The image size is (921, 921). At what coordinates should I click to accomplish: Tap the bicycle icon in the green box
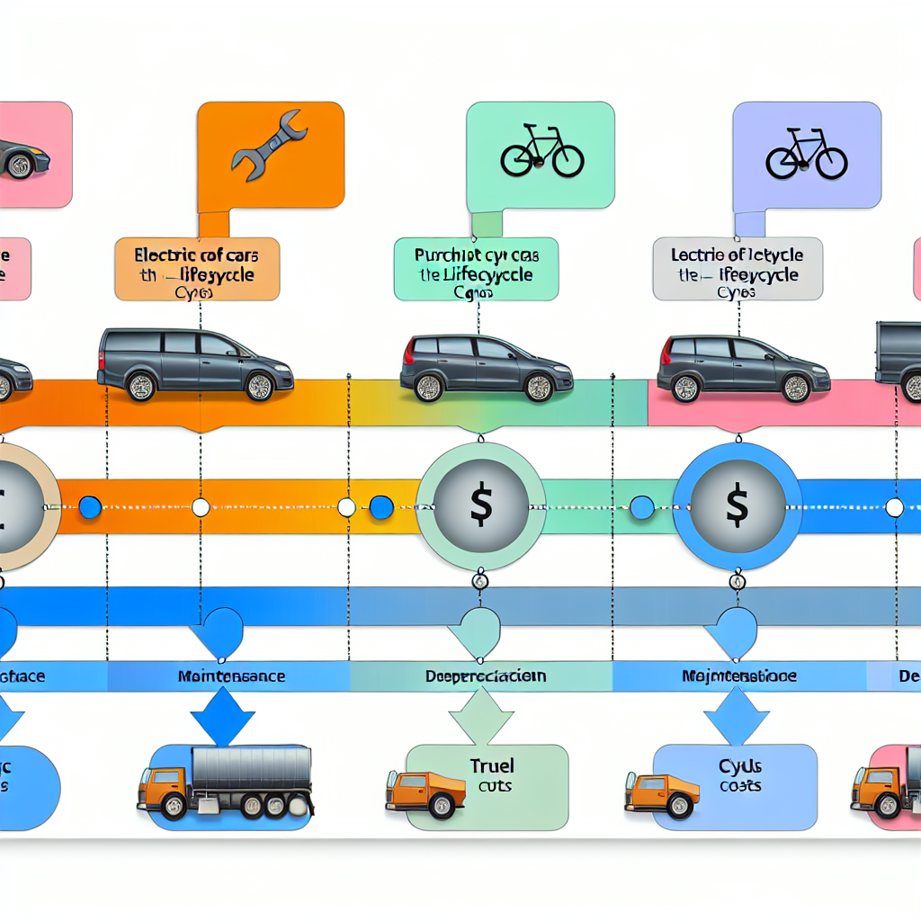click(x=541, y=152)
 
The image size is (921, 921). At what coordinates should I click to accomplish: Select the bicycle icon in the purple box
click(x=806, y=154)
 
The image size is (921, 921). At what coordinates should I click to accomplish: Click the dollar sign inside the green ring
click(x=480, y=505)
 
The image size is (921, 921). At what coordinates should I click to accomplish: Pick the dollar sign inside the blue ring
click(x=737, y=505)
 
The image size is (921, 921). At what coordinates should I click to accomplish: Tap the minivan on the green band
click(x=486, y=368)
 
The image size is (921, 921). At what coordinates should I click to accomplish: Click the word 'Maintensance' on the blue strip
click(x=231, y=675)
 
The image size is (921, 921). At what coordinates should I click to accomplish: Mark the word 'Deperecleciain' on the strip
click(x=485, y=675)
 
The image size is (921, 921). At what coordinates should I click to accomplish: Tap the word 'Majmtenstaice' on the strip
click(x=738, y=675)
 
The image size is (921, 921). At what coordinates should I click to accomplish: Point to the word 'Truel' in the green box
click(x=491, y=766)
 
